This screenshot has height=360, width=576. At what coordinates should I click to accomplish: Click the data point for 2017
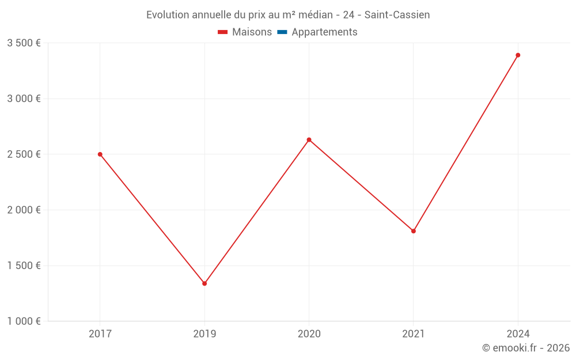pos(100,154)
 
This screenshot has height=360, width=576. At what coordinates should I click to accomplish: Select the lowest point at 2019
pos(204,283)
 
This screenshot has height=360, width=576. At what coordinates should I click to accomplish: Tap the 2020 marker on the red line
pos(309,140)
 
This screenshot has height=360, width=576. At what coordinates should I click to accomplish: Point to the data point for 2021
pos(414,231)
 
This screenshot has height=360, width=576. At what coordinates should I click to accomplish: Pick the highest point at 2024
pos(518,55)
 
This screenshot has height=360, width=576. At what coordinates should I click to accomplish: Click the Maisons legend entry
pos(245,32)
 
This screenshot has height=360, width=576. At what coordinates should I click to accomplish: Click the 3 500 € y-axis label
pos(24,43)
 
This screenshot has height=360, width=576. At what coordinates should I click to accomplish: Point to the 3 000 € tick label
pos(24,98)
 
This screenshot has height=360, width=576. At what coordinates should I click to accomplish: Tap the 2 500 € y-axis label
pos(24,154)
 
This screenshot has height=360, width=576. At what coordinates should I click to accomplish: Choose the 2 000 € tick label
pos(24,210)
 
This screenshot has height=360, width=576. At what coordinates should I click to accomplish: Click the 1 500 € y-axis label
pos(24,266)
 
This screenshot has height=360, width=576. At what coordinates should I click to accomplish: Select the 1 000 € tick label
pos(24,321)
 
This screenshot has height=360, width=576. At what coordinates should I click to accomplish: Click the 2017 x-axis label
pos(100,334)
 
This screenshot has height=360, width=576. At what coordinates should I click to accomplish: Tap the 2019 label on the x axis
pos(204,334)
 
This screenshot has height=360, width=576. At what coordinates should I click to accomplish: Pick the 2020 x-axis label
pos(309,334)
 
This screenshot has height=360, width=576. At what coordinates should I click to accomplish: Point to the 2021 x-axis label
pos(414,334)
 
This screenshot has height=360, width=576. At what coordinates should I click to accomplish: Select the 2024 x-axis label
pos(518,334)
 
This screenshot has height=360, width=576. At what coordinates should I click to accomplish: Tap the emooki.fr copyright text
pos(526,348)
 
